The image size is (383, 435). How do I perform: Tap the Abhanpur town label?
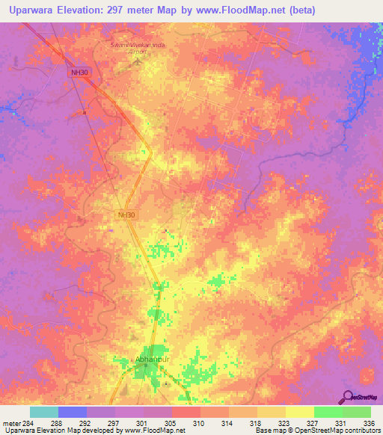(153, 360)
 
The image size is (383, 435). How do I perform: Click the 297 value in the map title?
(123, 10)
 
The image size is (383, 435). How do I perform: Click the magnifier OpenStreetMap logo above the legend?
(358, 396)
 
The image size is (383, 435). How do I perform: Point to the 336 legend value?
(370, 422)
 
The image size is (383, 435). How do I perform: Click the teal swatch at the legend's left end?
(44, 412)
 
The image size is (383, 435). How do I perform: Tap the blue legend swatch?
(73, 412)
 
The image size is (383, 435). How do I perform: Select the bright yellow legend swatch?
(299, 412)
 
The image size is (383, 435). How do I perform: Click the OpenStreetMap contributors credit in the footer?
(342, 431)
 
